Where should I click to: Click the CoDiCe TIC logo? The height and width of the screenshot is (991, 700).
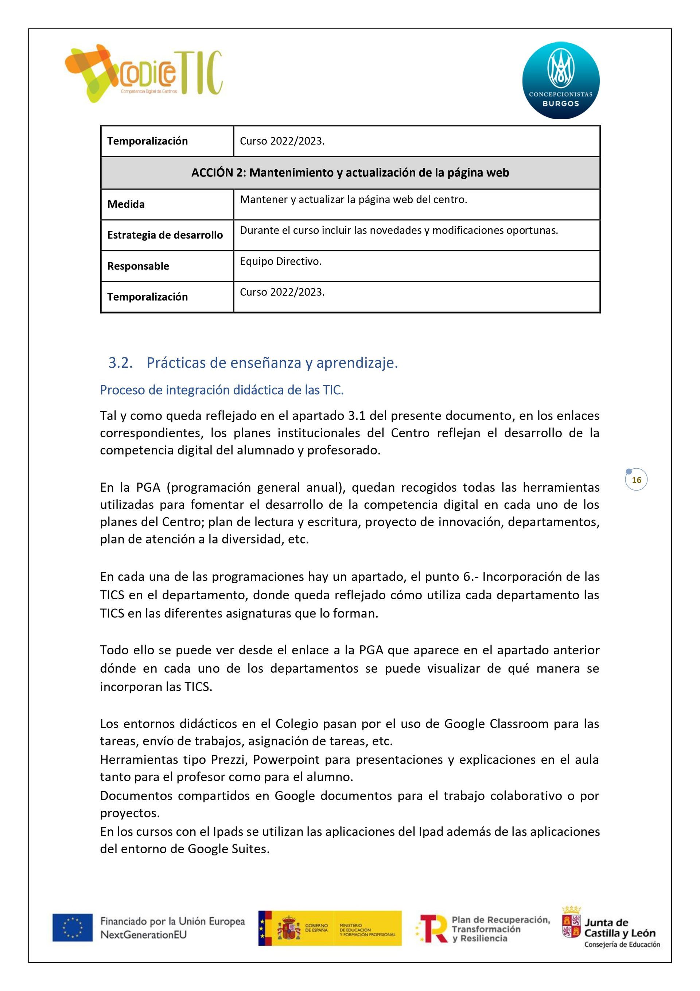(144, 73)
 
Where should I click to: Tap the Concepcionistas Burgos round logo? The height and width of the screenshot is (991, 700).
(561, 80)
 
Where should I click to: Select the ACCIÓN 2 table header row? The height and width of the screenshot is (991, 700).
(350, 173)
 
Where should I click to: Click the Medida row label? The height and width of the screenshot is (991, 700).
(126, 204)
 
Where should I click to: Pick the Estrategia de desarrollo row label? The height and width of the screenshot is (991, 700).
(165, 235)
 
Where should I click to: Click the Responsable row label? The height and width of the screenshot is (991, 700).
(138, 266)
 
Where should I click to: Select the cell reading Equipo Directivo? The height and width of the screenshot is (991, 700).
(280, 262)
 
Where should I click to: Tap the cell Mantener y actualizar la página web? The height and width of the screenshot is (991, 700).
(353, 200)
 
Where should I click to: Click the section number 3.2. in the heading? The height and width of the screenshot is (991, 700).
(120, 363)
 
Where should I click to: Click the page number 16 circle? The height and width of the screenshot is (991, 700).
(636, 480)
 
